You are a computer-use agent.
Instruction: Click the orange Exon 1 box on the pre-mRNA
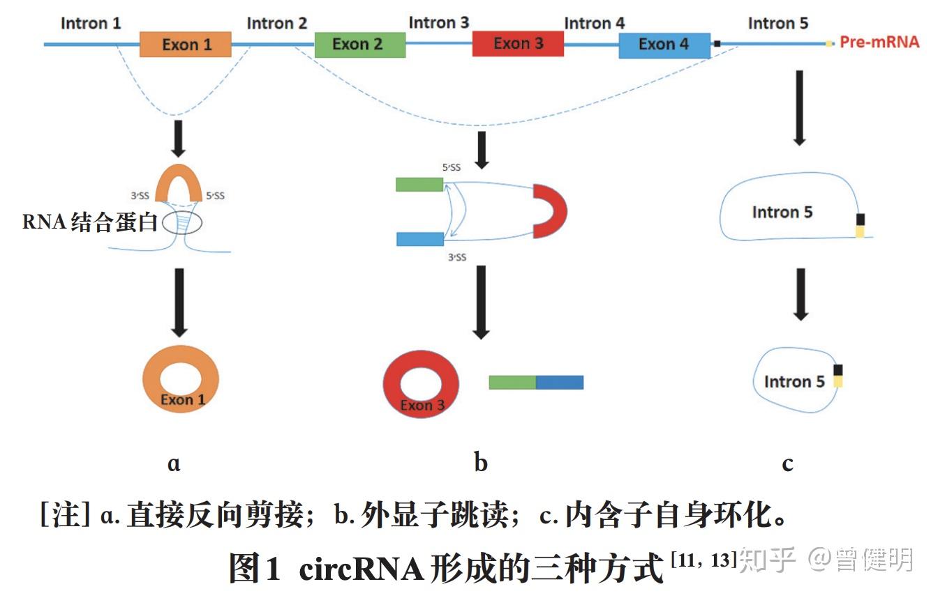(x=185, y=45)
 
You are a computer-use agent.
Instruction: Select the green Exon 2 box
(x=359, y=45)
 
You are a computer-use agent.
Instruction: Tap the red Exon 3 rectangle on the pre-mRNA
(x=518, y=44)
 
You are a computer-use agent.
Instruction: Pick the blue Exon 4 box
(x=664, y=45)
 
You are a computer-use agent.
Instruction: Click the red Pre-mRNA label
(x=879, y=43)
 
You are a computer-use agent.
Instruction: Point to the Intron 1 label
(x=91, y=23)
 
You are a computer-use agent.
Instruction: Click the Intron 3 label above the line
(x=438, y=22)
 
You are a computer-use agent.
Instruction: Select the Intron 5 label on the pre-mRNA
(x=777, y=23)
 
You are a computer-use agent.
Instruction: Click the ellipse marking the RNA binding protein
(x=182, y=224)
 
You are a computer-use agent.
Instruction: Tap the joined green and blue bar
(x=535, y=382)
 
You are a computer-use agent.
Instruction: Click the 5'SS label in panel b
(x=451, y=167)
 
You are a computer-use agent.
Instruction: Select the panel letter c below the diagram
(x=787, y=463)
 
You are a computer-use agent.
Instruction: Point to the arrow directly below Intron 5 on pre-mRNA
(x=800, y=108)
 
